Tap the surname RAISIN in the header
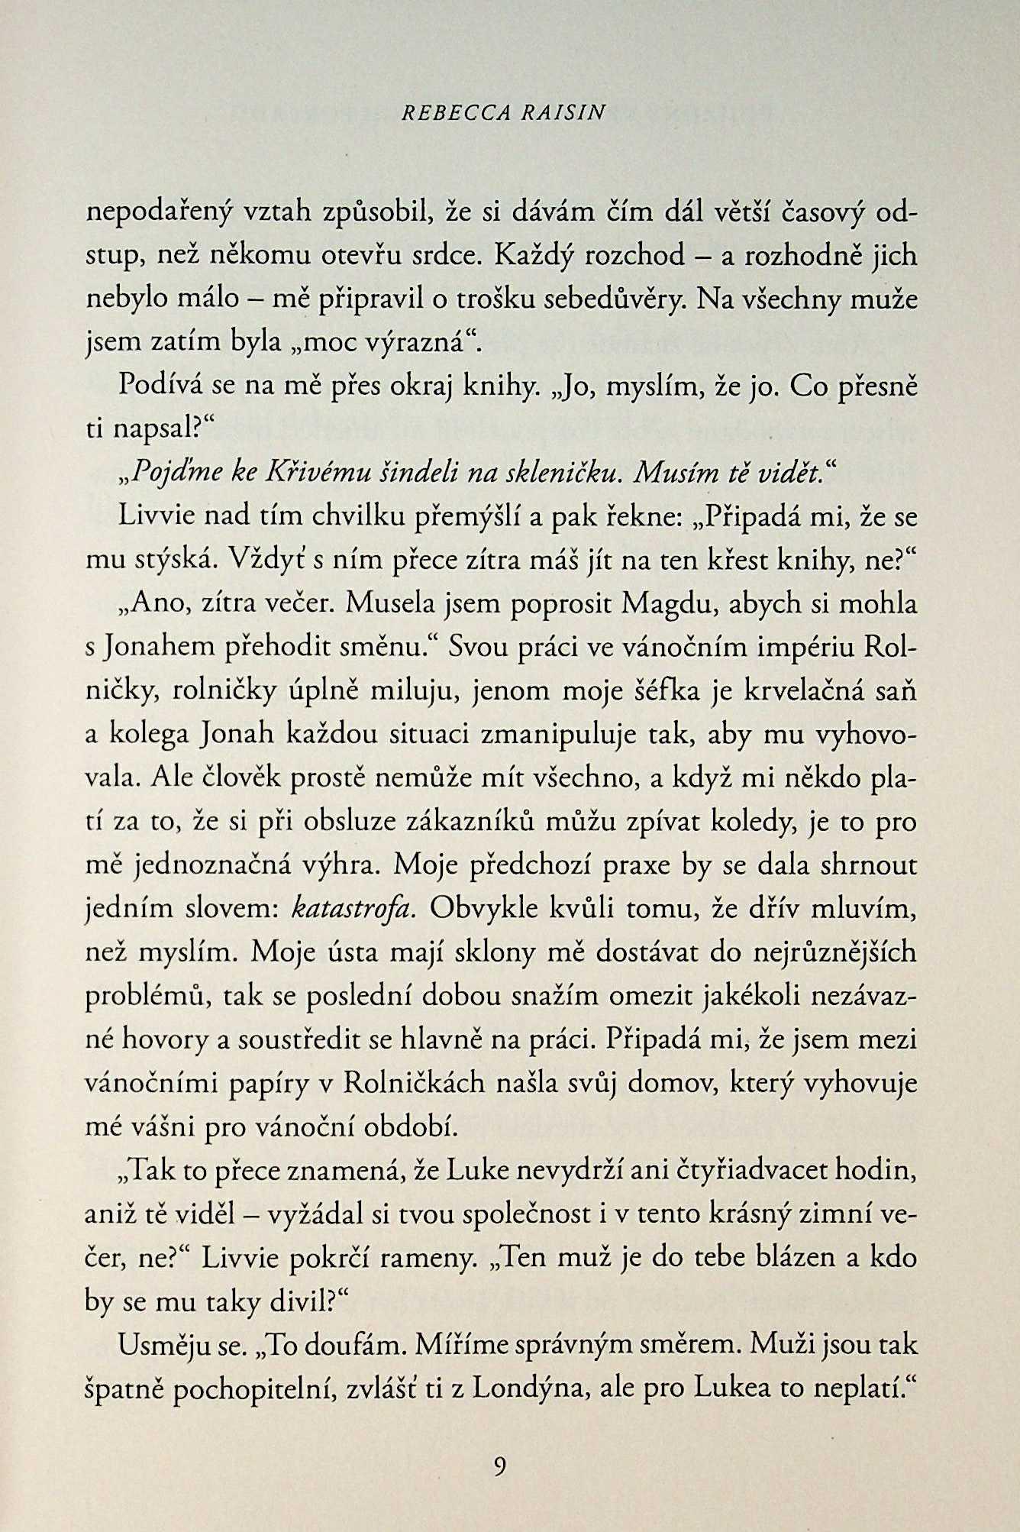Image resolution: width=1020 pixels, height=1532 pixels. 562,113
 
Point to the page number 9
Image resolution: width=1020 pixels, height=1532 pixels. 500,1467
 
